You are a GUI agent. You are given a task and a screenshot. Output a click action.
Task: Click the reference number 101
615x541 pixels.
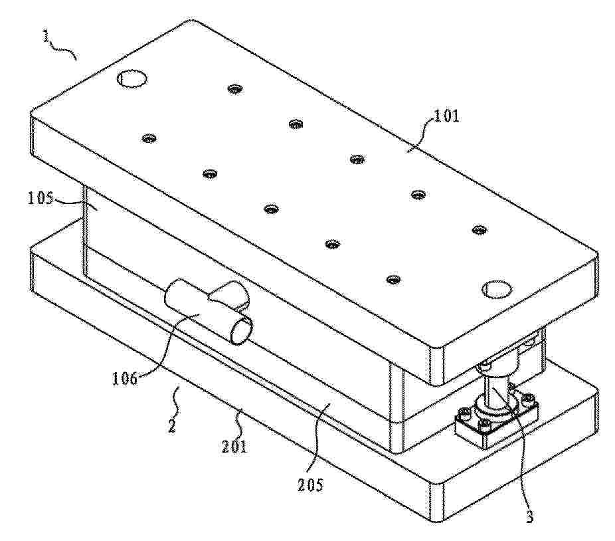point(446,116)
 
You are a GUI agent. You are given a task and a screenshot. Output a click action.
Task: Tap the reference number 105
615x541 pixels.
point(40,198)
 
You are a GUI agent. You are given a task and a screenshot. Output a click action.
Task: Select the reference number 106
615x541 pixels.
point(125,379)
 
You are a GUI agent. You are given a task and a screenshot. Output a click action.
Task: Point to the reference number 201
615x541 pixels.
point(234,447)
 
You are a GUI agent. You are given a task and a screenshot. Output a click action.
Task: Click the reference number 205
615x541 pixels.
point(310,485)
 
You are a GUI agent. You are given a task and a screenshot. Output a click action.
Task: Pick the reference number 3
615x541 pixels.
point(529,516)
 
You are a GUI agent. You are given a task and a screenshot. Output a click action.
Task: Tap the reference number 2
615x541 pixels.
point(172,425)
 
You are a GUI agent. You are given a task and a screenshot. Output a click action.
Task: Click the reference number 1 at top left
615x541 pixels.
point(46,37)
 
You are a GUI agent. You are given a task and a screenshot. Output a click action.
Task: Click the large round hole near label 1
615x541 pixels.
point(132,78)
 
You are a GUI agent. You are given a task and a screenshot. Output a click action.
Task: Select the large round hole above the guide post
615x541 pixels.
point(497,289)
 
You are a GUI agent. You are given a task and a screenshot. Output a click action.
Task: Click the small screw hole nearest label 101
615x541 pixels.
point(418,194)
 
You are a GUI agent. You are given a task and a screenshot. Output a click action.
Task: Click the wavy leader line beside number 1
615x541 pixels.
point(62,51)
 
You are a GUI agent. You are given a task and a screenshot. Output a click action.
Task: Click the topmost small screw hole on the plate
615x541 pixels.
point(234,89)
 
